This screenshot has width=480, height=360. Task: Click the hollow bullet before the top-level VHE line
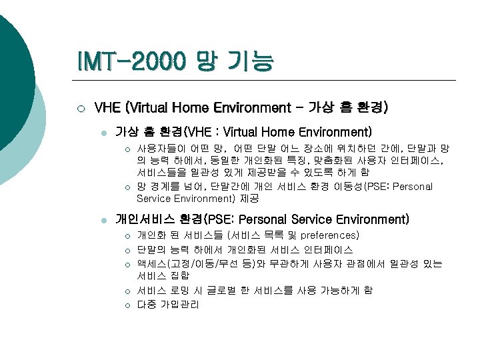pyautogui.click(x=80, y=108)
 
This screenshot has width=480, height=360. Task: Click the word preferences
pyautogui.click(x=330, y=235)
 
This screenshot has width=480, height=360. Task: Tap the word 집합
pyautogui.click(x=179, y=275)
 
